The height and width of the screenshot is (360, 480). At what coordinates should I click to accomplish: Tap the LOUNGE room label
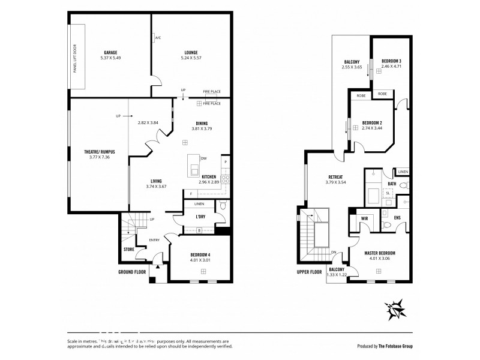[191, 52]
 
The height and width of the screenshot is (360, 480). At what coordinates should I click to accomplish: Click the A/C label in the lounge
[158, 38]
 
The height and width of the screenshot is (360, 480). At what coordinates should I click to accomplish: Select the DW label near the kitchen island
[204, 158]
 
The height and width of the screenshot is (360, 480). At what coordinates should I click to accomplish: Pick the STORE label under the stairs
[128, 249]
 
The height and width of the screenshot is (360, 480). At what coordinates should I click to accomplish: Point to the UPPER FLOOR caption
[310, 271]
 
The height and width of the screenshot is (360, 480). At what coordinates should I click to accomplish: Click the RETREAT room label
[335, 176]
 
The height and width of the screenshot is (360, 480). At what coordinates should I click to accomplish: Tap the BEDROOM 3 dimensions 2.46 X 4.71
[391, 67]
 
